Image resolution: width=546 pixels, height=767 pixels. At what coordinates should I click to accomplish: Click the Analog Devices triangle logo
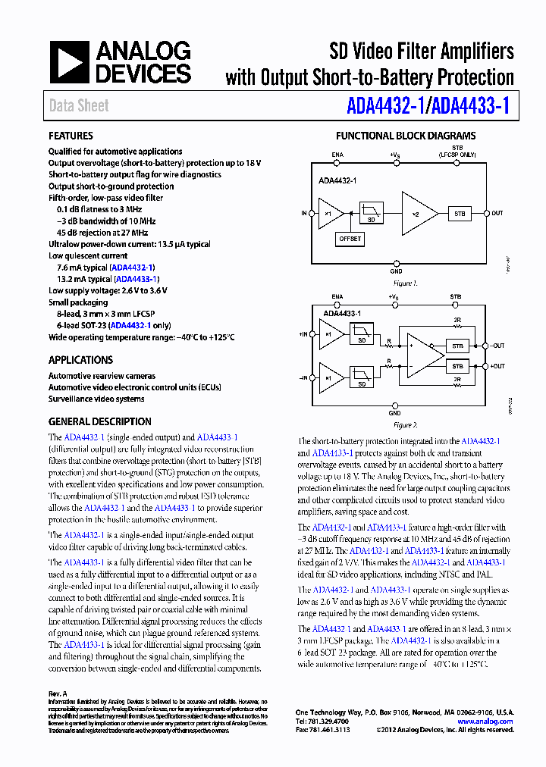(70, 62)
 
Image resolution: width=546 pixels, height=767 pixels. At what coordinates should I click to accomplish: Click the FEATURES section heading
(71, 136)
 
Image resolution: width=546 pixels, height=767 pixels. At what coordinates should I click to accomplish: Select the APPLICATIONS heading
(80, 360)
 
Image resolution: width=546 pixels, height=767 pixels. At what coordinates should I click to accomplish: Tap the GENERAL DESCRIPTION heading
(99, 421)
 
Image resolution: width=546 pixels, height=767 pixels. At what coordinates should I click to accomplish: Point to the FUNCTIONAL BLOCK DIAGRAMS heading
(406, 136)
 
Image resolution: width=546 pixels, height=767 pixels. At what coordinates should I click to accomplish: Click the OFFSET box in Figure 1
(350, 239)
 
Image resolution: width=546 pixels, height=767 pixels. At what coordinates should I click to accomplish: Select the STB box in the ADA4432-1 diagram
(460, 213)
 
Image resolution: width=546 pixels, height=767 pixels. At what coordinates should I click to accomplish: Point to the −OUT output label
(497, 346)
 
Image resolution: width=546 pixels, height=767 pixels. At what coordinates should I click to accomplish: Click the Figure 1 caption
(405, 283)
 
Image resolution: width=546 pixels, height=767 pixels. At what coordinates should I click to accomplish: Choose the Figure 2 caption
(405, 425)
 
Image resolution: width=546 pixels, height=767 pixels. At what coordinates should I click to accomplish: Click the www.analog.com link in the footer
(485, 722)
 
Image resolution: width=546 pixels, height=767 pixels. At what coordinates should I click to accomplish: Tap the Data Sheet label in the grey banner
(79, 106)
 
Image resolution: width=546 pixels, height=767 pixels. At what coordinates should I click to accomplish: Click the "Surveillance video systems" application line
(96, 399)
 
